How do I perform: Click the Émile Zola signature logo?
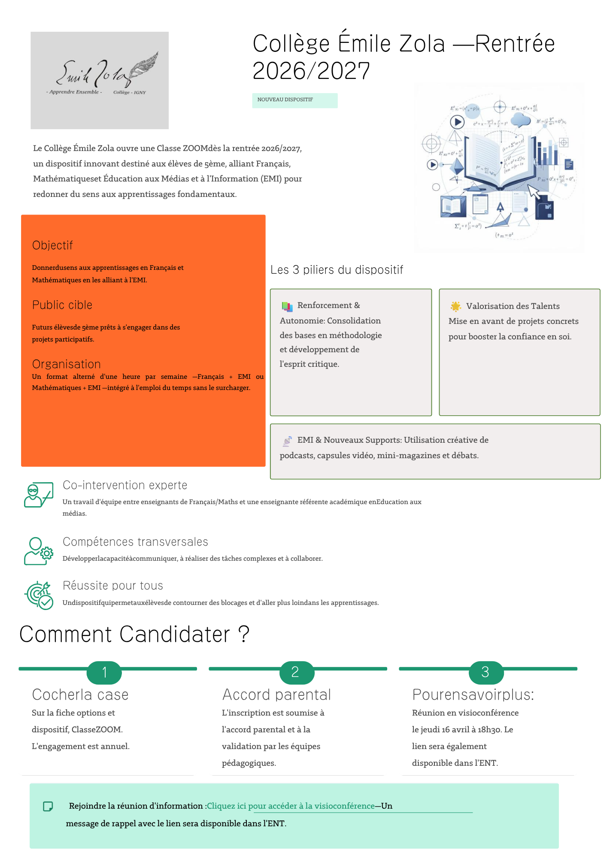click(x=100, y=80)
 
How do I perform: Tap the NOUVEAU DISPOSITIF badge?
click(x=294, y=100)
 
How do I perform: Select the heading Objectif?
click(x=52, y=245)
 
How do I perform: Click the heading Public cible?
click(x=62, y=305)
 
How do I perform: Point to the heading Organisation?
click(x=67, y=364)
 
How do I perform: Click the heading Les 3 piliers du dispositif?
click(x=337, y=270)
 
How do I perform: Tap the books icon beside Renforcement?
click(x=287, y=306)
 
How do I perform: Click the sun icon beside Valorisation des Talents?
click(x=455, y=306)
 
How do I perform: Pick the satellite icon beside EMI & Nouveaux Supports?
click(x=287, y=441)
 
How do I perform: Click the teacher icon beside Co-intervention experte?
click(x=39, y=495)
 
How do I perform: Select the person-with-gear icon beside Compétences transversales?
click(x=39, y=551)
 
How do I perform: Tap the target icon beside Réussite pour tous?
click(x=39, y=595)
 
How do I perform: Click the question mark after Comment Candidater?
click(x=243, y=634)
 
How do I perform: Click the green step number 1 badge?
click(x=104, y=672)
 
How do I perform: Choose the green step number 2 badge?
click(x=295, y=672)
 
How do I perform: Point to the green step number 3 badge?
click(x=486, y=672)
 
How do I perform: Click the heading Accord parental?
click(x=276, y=695)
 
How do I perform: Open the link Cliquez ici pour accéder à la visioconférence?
click(x=291, y=806)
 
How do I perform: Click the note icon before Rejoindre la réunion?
click(x=48, y=807)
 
